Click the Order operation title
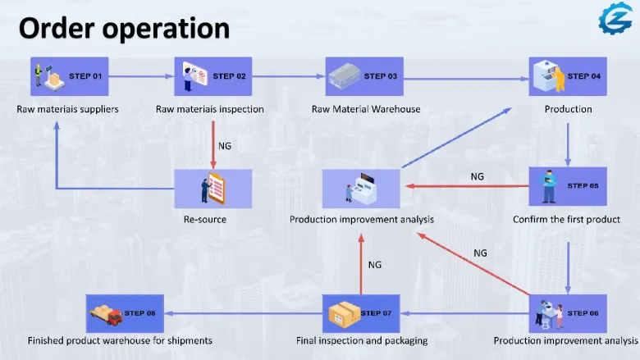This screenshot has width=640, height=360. tap(124, 29)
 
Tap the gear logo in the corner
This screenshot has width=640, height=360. tap(615, 18)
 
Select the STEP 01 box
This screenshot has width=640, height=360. tap(70, 76)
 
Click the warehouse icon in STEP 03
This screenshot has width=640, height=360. tap(345, 75)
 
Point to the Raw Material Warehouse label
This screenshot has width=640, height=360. tap(366, 109)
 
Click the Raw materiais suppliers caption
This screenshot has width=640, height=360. tap(67, 109)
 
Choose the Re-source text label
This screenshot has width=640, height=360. tap(205, 219)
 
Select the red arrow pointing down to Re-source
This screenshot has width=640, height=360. tap(213, 145)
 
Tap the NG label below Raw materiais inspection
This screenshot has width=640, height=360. tap(225, 146)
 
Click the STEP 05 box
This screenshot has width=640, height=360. tap(568, 186)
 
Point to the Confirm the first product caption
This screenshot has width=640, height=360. tap(566, 219)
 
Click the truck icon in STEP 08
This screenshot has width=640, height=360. tap(106, 315)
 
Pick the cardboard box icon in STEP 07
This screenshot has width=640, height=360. tap(344, 314)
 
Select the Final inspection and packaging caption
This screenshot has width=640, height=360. tap(362, 340)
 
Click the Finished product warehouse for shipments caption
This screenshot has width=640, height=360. tap(120, 340)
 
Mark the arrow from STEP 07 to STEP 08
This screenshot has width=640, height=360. tap(243, 313)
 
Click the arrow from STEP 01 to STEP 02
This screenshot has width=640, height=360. tap(141, 76)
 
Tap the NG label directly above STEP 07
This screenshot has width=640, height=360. tap(375, 265)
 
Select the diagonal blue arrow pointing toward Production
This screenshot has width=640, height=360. tap(457, 138)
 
